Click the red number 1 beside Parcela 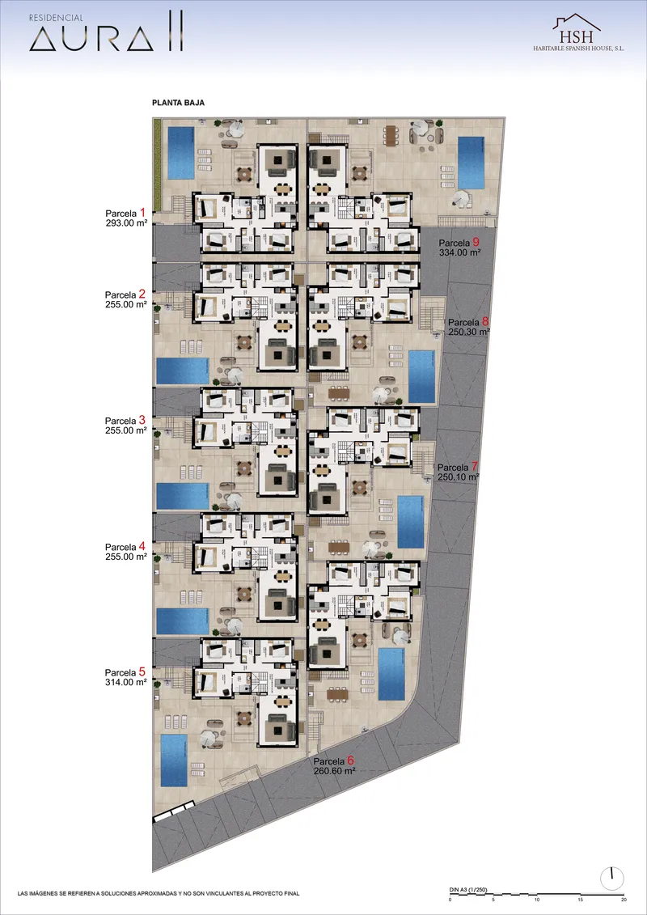click(x=142, y=213)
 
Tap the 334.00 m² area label click(x=459, y=252)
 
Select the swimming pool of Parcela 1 click(x=181, y=153)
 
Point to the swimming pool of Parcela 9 click(x=471, y=163)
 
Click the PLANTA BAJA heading click(x=178, y=102)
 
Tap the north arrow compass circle click(x=612, y=878)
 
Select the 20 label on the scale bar click(x=624, y=900)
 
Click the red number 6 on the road click(x=351, y=760)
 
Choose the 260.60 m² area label click(x=335, y=771)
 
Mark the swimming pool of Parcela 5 click(x=174, y=760)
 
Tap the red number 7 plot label click(x=475, y=466)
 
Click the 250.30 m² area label click(x=469, y=332)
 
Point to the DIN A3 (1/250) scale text click(x=468, y=889)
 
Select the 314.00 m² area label click(x=125, y=681)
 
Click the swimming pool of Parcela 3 click(x=183, y=496)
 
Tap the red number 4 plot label click(x=142, y=546)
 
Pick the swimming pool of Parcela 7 click(x=411, y=522)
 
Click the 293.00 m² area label click(x=125, y=223)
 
